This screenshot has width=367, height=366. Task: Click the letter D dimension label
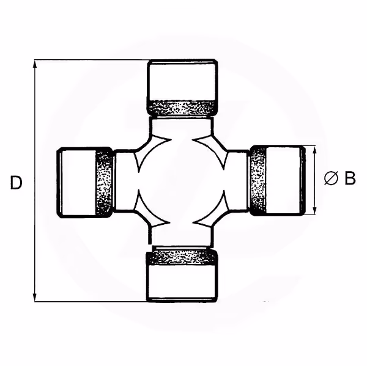click(16, 183)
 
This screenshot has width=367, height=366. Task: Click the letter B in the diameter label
click(350, 178)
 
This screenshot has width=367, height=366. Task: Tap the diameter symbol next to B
click(332, 178)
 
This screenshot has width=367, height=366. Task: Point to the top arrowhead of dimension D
click(35, 64)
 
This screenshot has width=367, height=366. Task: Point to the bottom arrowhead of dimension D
click(35, 297)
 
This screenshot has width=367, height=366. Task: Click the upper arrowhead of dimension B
click(315, 150)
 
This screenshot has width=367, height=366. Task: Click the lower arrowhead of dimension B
click(315, 210)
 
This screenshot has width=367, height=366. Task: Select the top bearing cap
click(182, 87)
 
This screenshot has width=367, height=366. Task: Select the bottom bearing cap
click(182, 276)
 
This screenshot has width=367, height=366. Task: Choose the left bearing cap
click(86, 183)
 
